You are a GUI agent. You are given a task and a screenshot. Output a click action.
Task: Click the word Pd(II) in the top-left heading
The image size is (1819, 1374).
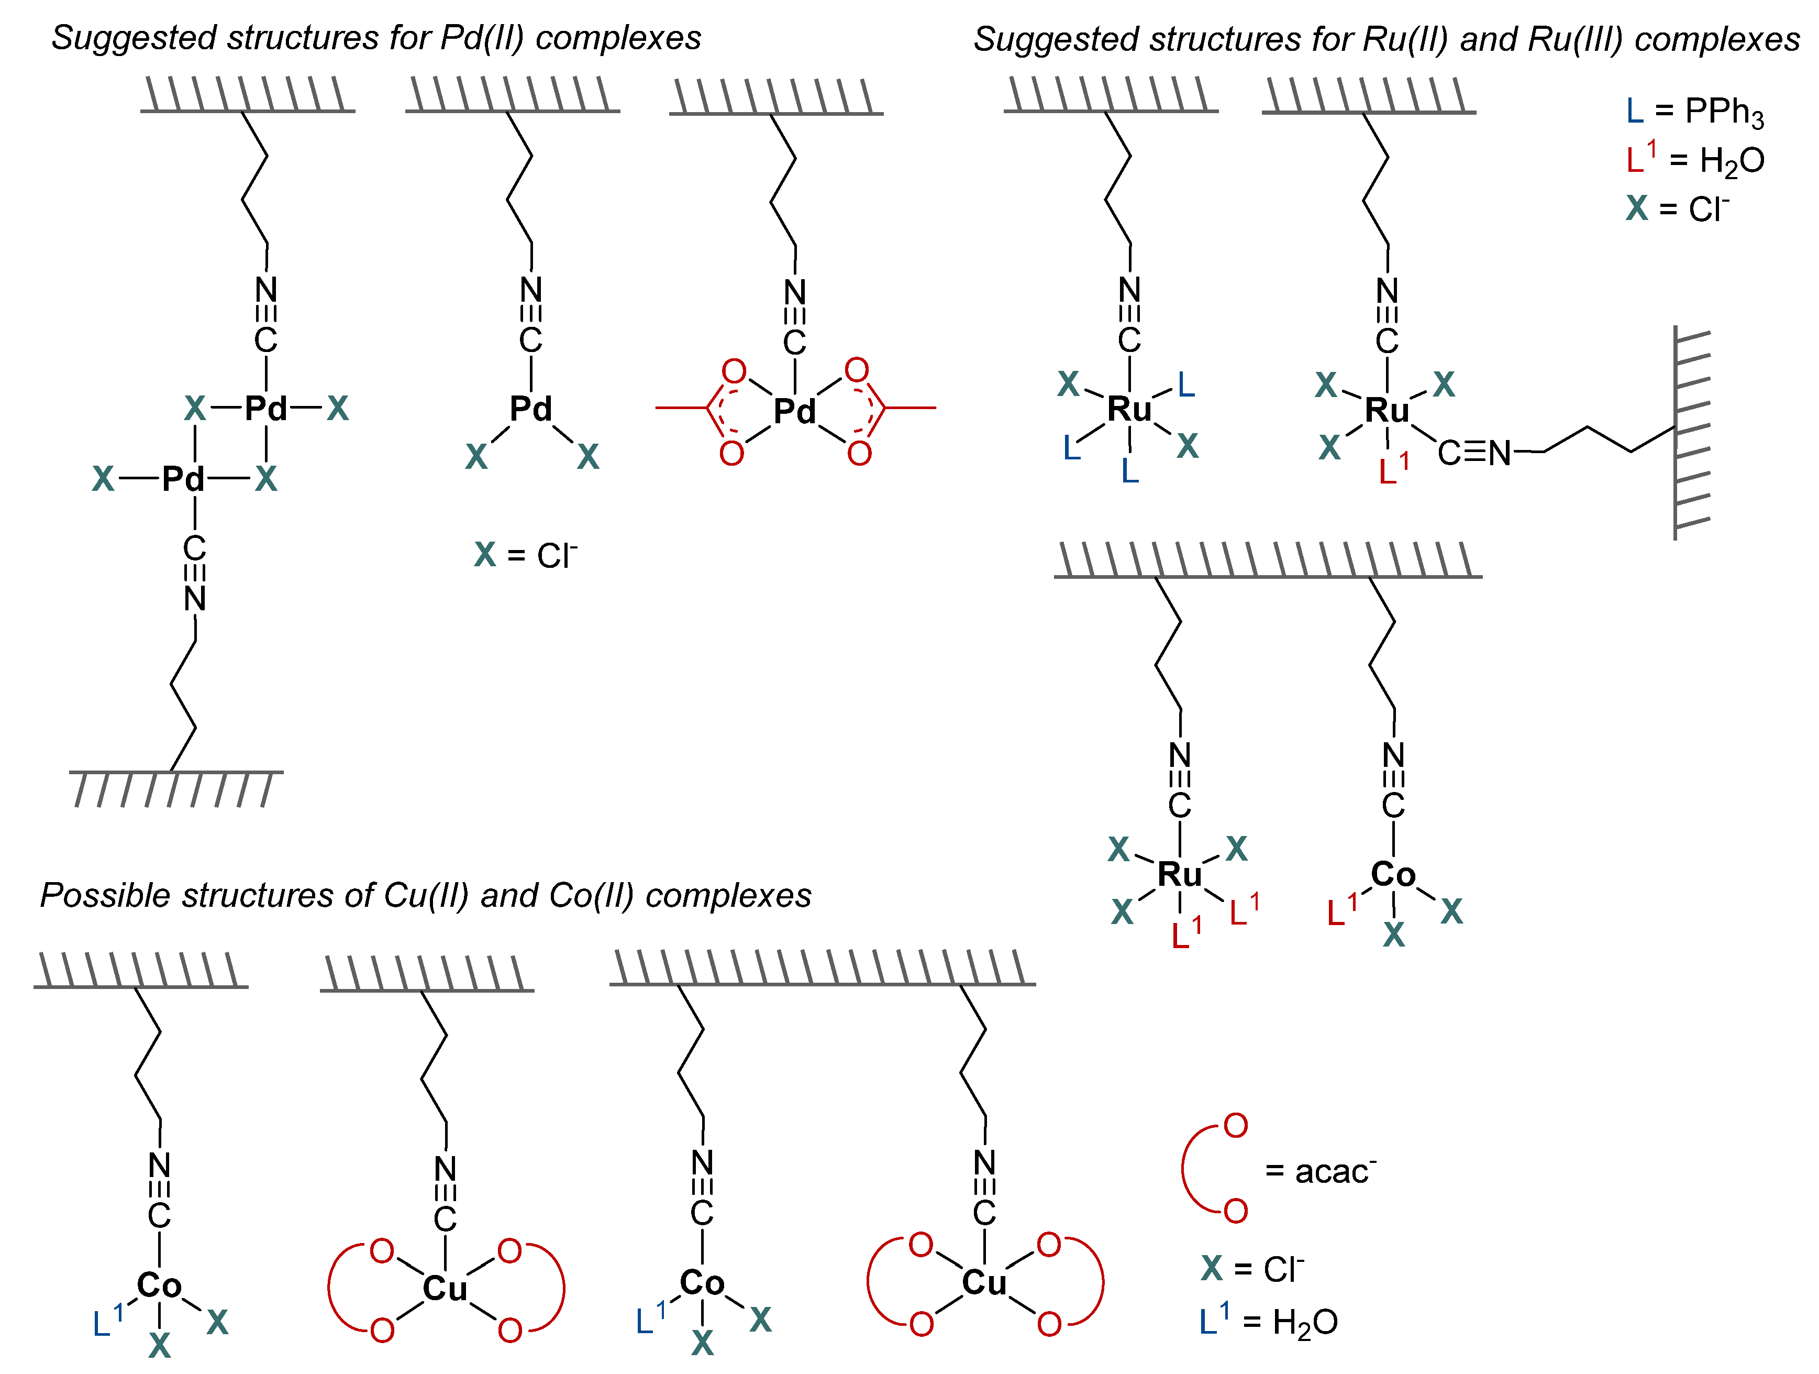click(481, 38)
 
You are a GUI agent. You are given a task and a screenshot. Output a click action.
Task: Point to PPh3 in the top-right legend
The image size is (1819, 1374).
click(1724, 112)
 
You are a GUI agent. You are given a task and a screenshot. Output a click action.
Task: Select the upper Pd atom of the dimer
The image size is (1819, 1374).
click(265, 408)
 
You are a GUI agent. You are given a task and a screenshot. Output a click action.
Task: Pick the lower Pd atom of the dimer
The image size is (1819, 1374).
click(183, 479)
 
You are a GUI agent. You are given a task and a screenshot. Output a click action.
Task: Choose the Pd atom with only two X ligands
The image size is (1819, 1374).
click(530, 408)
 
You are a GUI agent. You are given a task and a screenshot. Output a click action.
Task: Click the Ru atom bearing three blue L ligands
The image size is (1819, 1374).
click(1129, 409)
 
